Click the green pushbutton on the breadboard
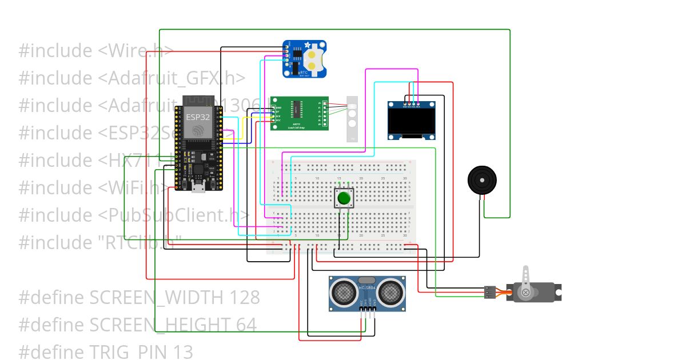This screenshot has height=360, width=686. [344, 198]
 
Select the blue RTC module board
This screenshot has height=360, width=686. [305, 59]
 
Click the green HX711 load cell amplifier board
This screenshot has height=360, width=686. [299, 113]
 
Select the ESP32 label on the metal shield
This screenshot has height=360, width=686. [198, 117]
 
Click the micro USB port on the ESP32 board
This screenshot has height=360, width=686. [198, 187]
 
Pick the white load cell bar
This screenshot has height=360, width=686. [353, 119]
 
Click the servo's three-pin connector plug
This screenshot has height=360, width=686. [490, 292]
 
